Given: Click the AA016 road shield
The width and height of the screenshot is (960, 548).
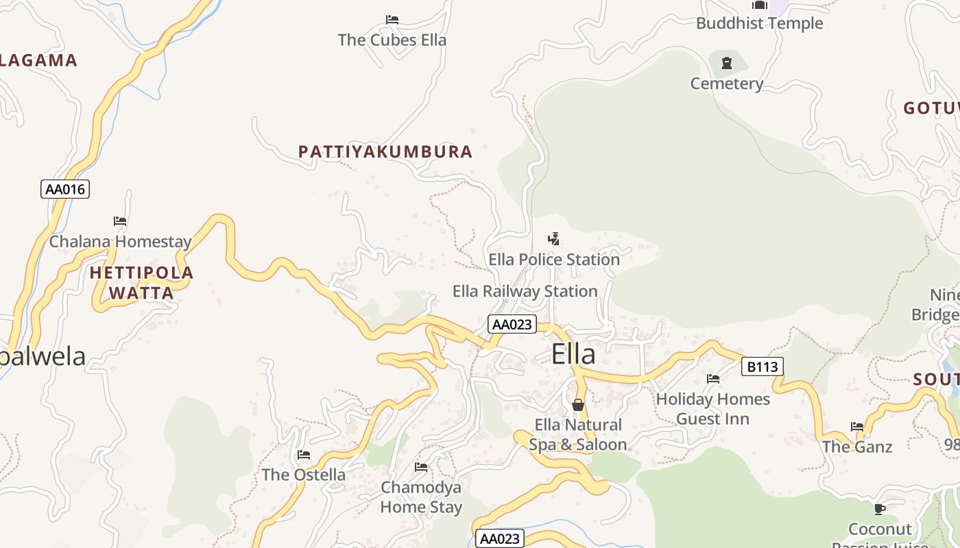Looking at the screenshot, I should [x=65, y=189].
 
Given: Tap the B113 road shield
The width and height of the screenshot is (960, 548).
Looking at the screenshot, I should [x=762, y=367].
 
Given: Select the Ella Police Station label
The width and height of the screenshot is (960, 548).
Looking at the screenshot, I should [x=554, y=260].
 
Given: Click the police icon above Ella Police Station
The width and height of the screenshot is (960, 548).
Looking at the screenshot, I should [x=553, y=239].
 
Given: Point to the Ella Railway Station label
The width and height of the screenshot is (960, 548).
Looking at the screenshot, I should [x=525, y=291].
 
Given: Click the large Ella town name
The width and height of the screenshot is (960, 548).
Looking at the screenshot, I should [x=573, y=354].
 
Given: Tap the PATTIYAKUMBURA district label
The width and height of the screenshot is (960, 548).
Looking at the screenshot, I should [x=385, y=151].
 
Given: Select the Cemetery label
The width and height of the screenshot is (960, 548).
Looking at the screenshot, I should [x=726, y=84].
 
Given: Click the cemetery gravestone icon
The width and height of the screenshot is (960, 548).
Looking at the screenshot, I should [x=726, y=64].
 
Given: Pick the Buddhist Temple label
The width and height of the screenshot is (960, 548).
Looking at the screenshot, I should [x=759, y=23].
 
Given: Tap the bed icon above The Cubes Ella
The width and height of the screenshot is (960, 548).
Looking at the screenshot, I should [x=392, y=20].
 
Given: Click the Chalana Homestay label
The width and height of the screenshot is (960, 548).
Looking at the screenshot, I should [x=120, y=242].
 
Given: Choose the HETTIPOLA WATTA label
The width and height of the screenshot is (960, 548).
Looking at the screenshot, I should [x=142, y=283].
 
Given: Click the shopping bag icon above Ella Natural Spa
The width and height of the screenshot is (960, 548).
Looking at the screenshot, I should [x=578, y=405].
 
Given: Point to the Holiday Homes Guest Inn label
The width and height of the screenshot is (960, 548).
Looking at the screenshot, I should [x=713, y=408].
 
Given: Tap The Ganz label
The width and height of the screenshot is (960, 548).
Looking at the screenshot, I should [x=857, y=447].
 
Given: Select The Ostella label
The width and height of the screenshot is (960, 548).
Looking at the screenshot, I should [x=303, y=475].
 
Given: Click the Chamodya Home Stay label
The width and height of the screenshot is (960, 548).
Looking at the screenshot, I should [x=421, y=497].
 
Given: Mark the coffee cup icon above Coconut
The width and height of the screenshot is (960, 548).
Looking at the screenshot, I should [x=880, y=509].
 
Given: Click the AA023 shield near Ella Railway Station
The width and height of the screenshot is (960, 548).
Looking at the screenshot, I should [x=512, y=324].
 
